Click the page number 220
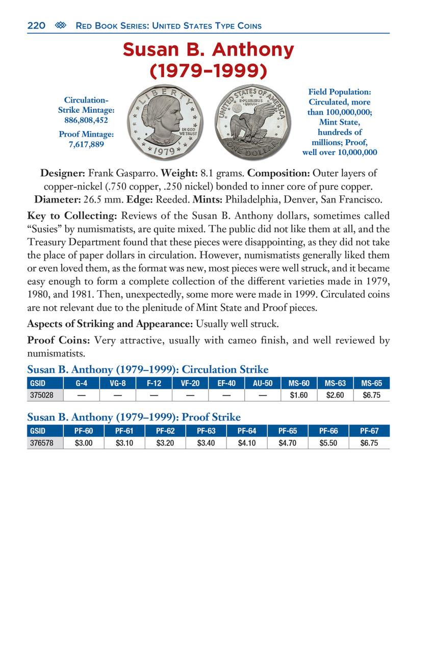point(36,26)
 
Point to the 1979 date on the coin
point(163,152)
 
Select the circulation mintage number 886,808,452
point(86,120)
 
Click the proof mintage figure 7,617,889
point(86,144)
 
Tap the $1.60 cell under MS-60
point(299,395)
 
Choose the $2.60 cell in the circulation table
point(335,395)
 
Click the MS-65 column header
point(371,383)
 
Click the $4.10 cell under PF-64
point(247,443)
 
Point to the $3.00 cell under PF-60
point(84,443)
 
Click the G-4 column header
point(82,383)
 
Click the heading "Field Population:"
point(340,92)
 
